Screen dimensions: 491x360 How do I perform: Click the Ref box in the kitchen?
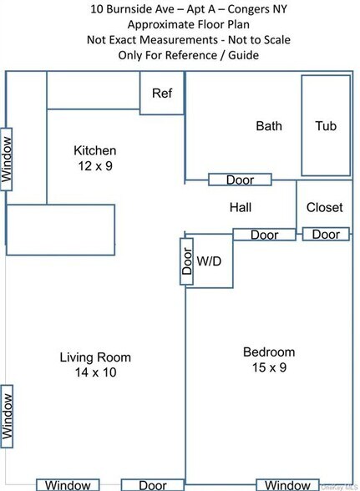pos(161,93)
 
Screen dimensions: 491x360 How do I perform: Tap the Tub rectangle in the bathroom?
pos(326,126)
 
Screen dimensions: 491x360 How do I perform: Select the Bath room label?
pos(268,126)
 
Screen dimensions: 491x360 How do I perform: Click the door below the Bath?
pos(240,180)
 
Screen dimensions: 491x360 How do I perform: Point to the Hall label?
pos(240,207)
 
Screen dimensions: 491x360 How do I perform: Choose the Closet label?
pos(324,207)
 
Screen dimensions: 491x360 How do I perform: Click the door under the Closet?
pos(326,235)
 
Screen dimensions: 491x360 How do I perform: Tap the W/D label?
pos(209,261)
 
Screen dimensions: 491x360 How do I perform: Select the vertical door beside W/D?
pos(187,261)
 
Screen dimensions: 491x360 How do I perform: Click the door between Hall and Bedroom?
pos(264,235)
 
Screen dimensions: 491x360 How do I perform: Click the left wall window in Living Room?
pos(7,415)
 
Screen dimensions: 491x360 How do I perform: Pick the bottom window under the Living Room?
pos(68,484)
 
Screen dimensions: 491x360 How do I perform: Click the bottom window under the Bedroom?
pos(287,484)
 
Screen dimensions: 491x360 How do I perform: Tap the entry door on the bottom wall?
pos(152,484)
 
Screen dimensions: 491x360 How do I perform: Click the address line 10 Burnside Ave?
pos(179,10)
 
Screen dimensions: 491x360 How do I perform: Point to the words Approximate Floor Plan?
pos(179,25)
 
